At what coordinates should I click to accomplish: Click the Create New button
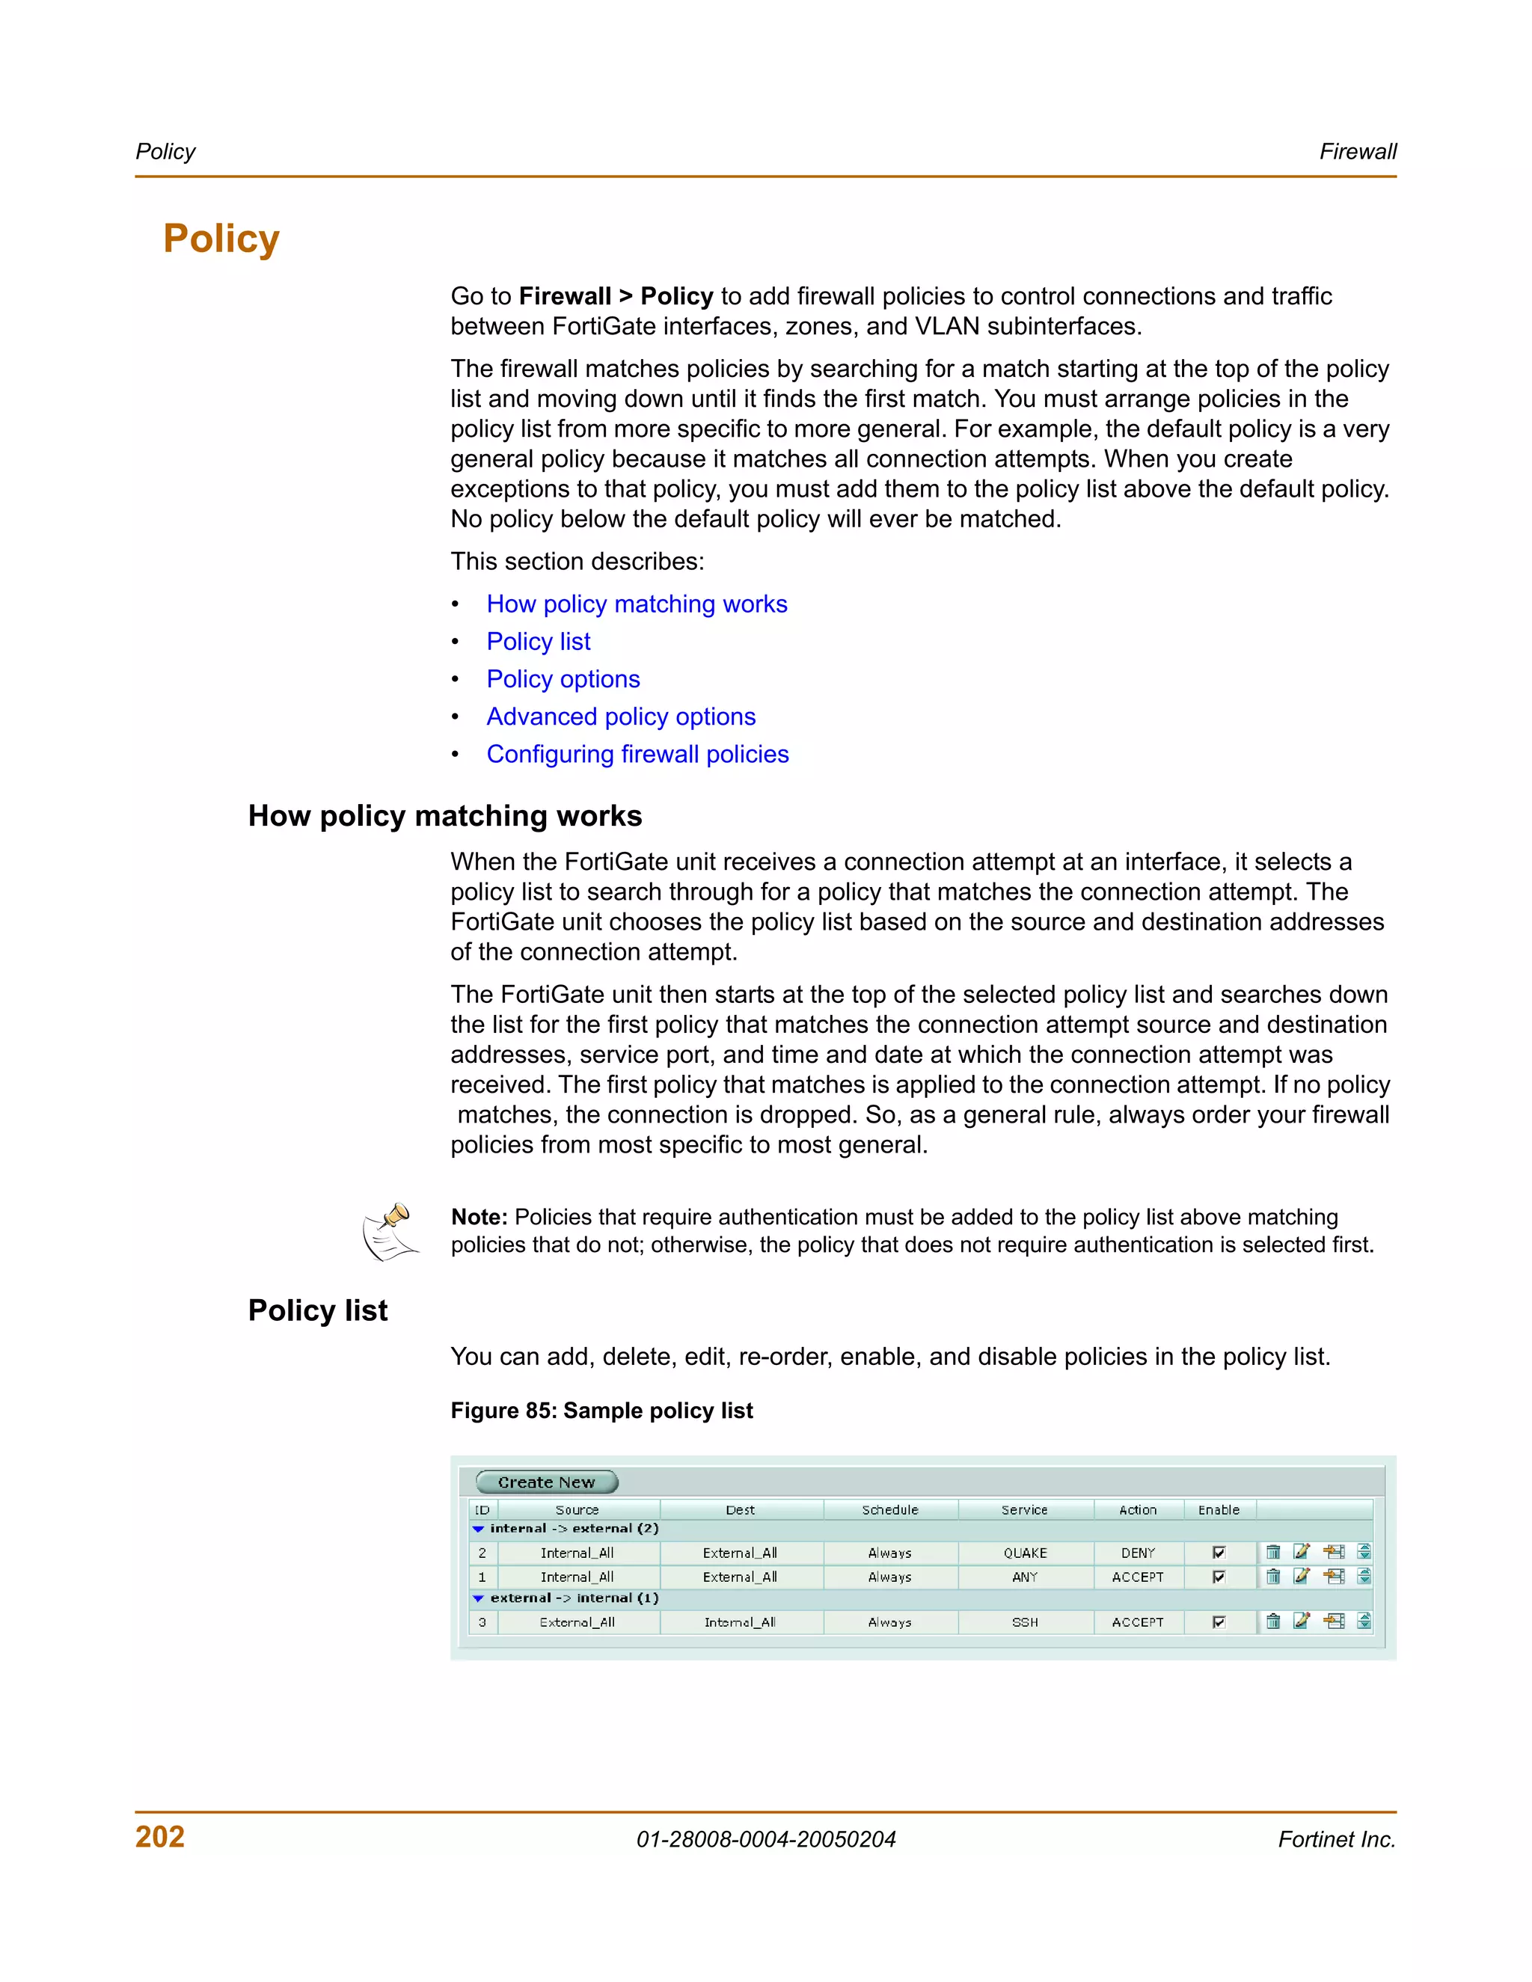pos(546,1482)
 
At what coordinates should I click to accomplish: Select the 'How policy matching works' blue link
pos(637,604)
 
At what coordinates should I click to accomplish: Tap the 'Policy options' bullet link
pos(563,680)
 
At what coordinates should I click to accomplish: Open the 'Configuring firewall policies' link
pos(637,755)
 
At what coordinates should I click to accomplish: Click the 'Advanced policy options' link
pos(621,717)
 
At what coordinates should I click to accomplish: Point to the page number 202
pos(160,1837)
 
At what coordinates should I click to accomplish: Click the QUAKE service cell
pos(1025,1553)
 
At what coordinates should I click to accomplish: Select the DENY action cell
pos(1137,1553)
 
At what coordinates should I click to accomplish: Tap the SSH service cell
pos(1025,1622)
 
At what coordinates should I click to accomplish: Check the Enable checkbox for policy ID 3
pos(1219,1622)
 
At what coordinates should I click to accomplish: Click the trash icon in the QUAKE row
pos(1272,1552)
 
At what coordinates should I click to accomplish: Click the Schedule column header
pos(889,1510)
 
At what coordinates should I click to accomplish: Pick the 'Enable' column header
pos(1218,1510)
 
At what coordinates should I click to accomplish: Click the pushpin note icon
pos(391,1232)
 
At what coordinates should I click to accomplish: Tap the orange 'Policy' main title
pos(221,239)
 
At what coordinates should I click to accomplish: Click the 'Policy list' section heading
pos(318,1310)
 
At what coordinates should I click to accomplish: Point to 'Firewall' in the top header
pos(1357,152)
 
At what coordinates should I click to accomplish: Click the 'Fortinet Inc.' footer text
pos(1336,1840)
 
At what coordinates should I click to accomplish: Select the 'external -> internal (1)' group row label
pos(574,1598)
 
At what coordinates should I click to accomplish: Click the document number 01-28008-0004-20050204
pos(765,1840)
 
